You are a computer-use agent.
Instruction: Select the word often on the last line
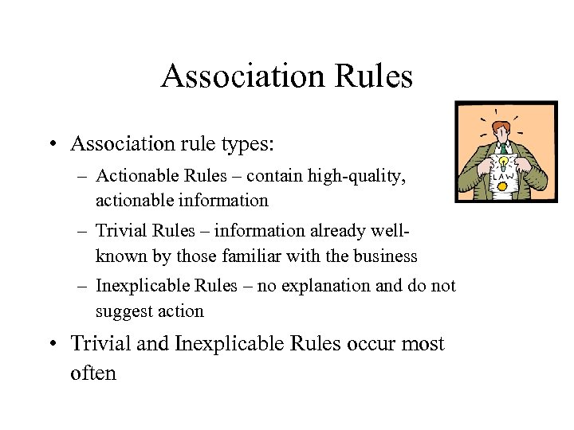[x=93, y=372]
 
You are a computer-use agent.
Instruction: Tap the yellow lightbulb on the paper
[x=504, y=162]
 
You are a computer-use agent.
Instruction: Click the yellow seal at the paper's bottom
[x=503, y=186]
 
